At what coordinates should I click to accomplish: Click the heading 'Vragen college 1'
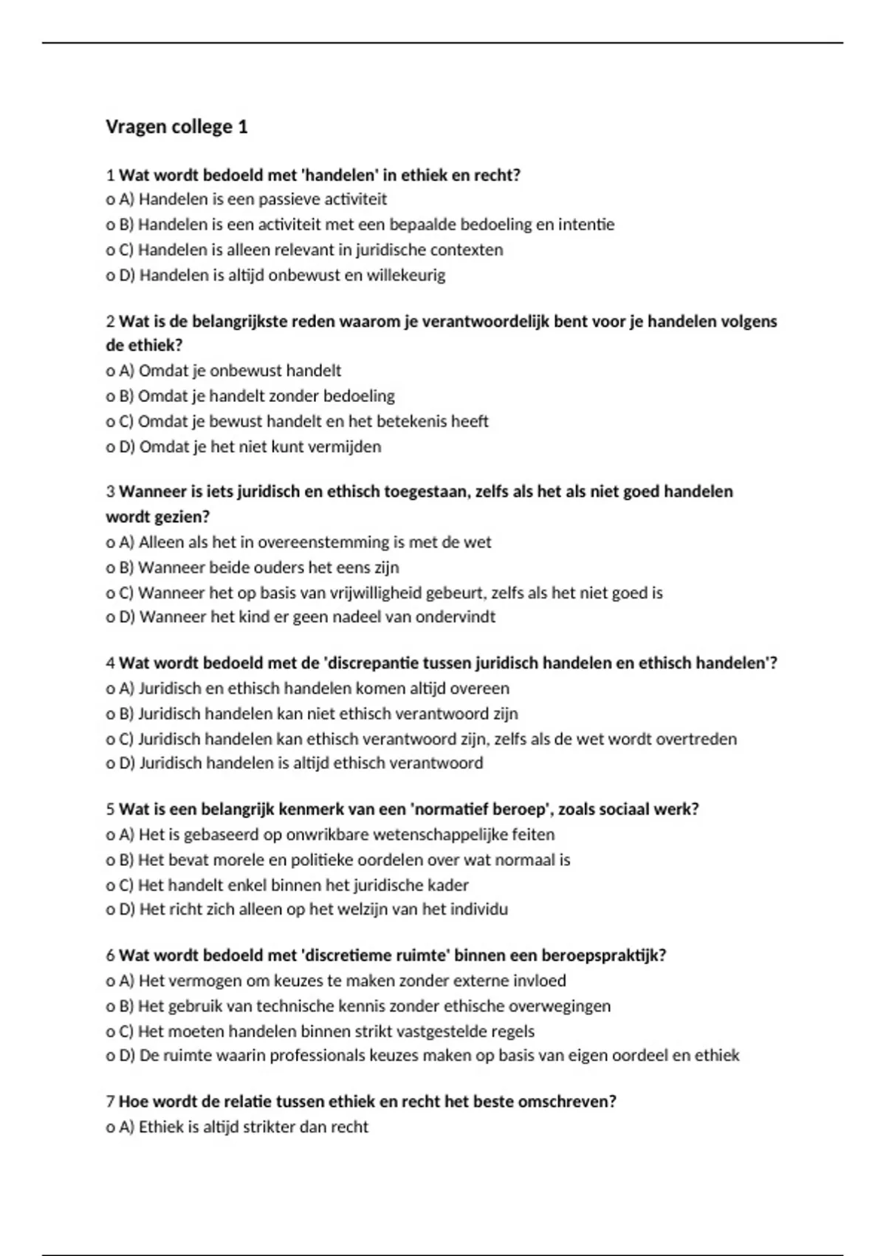176,127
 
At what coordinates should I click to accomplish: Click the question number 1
110,176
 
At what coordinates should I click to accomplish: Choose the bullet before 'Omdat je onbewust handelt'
110,371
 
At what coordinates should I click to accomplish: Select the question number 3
110,492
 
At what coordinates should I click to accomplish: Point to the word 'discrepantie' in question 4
374,663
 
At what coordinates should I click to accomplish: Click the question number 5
110,810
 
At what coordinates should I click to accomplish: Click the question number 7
110,1102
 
